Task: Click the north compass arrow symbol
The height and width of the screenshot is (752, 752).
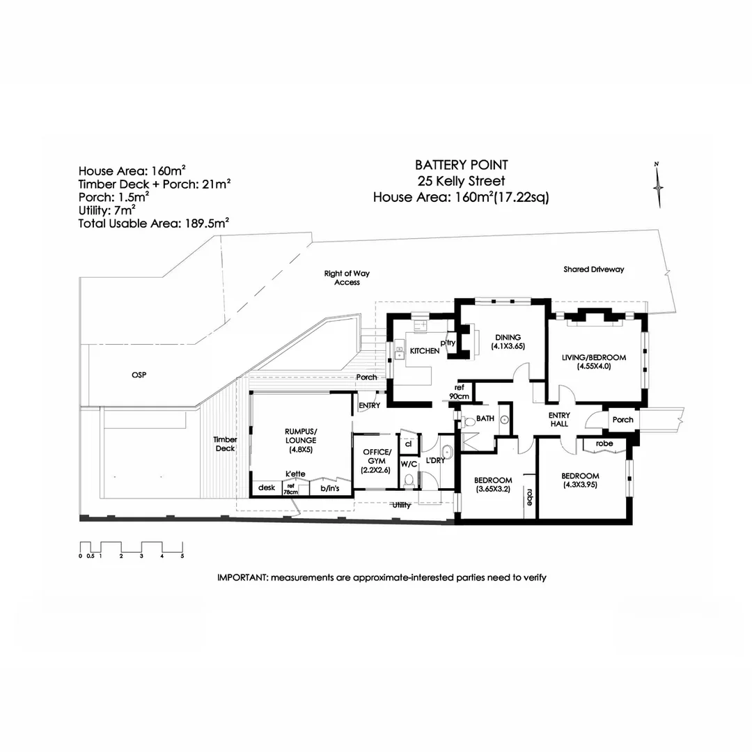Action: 657,185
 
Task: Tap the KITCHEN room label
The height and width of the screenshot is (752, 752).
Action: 424,351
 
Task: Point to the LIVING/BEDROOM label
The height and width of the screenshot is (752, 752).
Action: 594,358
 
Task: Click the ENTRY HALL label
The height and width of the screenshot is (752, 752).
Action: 559,419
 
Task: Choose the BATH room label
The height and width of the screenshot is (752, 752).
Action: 485,419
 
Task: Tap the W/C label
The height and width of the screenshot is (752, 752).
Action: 408,463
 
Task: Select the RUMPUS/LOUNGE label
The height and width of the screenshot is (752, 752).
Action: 301,435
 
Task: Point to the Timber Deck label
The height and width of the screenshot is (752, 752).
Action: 225,444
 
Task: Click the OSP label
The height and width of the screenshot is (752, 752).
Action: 139,375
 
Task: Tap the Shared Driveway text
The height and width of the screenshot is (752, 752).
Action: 594,269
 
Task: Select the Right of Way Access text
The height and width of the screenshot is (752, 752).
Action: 347,278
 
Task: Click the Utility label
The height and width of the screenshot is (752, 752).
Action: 402,506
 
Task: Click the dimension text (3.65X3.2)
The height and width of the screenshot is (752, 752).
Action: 493,489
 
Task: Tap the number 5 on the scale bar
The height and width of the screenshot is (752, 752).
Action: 182,556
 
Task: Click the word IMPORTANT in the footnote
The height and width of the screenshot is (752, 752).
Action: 242,577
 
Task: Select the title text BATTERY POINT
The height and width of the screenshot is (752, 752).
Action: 461,165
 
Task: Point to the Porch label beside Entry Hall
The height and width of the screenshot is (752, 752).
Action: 622,420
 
